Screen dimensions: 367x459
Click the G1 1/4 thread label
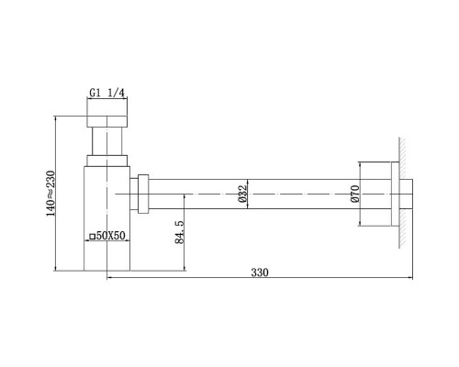click(107, 92)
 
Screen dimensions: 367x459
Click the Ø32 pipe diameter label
click(242, 194)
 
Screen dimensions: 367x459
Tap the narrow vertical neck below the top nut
click(107, 144)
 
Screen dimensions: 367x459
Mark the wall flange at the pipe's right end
click(393, 195)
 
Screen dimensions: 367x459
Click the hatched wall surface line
click(402, 193)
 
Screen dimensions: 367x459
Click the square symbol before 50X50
click(92, 237)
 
